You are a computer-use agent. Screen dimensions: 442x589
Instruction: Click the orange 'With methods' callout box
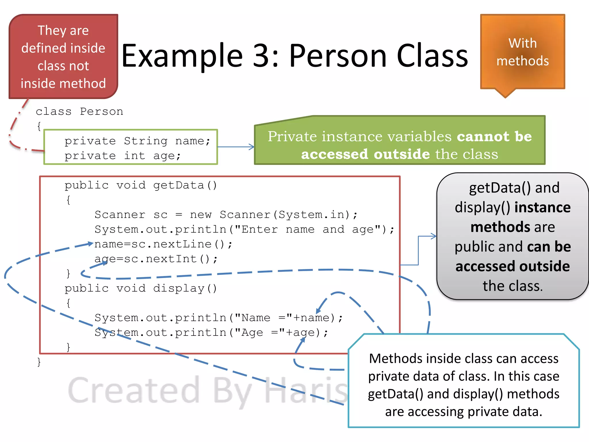tap(523, 52)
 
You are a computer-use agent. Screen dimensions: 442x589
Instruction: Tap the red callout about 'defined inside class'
tap(63, 57)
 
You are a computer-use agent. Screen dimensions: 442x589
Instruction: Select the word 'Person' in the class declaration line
tap(102, 111)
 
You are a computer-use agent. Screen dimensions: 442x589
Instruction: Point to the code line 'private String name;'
tap(137, 141)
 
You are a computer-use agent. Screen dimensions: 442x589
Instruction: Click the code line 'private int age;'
tap(123, 156)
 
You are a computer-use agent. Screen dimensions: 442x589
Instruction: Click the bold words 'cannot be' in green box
tap(494, 136)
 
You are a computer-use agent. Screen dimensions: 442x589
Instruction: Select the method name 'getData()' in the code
tap(185, 185)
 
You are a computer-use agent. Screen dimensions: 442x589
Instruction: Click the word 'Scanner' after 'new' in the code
tap(245, 215)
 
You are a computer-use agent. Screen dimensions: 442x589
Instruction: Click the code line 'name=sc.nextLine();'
tap(163, 244)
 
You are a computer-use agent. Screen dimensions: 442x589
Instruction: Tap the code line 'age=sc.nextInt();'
tap(156, 259)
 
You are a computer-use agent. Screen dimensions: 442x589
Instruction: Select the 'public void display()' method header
tap(141, 288)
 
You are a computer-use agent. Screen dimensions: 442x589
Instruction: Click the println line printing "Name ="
tap(219, 318)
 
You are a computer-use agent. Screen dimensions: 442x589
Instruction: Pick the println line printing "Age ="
tap(211, 333)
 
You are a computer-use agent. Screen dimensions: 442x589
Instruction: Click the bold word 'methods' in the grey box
tap(500, 227)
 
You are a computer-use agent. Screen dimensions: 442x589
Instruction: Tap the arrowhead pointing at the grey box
tap(434, 236)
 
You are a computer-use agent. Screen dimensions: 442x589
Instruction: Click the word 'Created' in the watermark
tap(134, 390)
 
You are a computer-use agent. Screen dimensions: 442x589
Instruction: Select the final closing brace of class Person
tap(39, 362)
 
